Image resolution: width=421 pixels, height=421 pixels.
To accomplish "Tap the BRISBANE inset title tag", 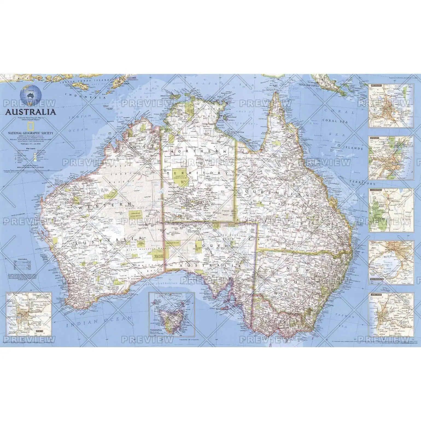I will click(375, 86).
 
